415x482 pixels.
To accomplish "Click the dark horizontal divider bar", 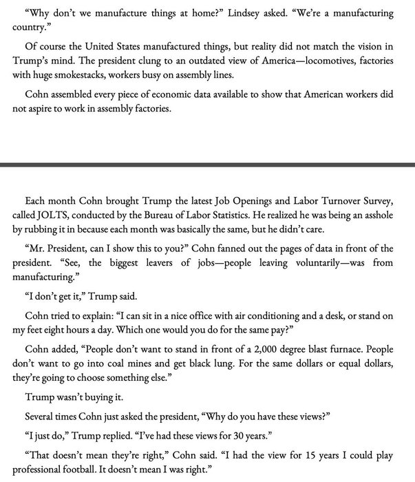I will [x=207, y=165].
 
